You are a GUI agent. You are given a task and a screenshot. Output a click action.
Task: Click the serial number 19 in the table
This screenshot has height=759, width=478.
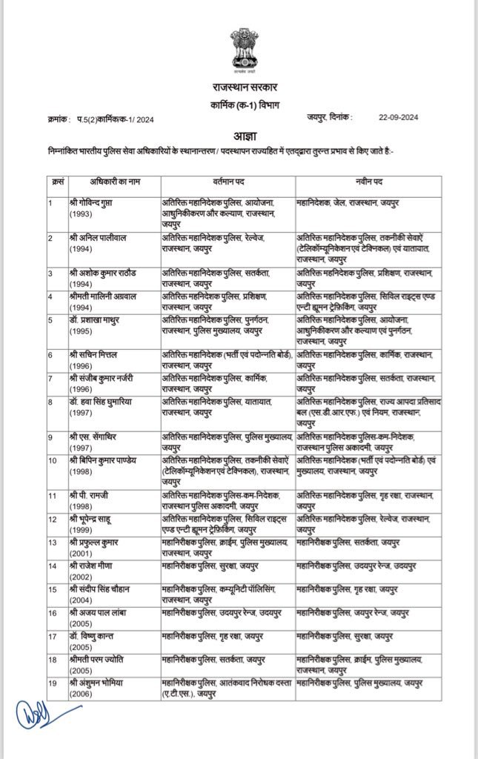coord(52,681)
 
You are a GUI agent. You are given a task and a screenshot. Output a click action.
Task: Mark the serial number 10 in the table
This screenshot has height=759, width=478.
coord(52,460)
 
